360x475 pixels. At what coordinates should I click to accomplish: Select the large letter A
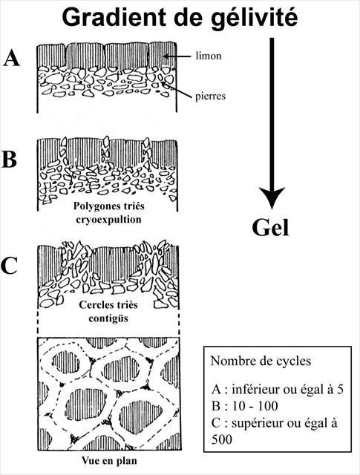(12, 58)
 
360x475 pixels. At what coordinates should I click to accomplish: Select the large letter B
(10, 159)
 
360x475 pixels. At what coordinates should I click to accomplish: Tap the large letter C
(9, 266)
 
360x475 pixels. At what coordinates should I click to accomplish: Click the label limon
(209, 56)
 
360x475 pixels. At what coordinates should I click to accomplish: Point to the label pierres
(210, 96)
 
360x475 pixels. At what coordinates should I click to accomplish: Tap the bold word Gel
(270, 227)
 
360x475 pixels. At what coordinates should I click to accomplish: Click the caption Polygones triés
(109, 206)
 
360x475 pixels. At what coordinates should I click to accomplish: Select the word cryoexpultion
(109, 220)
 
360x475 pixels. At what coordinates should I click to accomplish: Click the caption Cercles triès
(108, 305)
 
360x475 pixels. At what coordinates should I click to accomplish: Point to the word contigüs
(108, 318)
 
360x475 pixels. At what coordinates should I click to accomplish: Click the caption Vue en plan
(109, 461)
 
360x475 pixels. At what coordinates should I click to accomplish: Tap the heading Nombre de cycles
(261, 361)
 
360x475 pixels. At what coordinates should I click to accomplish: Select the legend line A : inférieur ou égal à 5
(278, 389)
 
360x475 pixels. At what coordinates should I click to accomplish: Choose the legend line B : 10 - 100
(244, 406)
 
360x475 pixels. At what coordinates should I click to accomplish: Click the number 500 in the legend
(221, 439)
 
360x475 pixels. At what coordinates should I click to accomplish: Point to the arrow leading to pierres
(177, 89)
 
